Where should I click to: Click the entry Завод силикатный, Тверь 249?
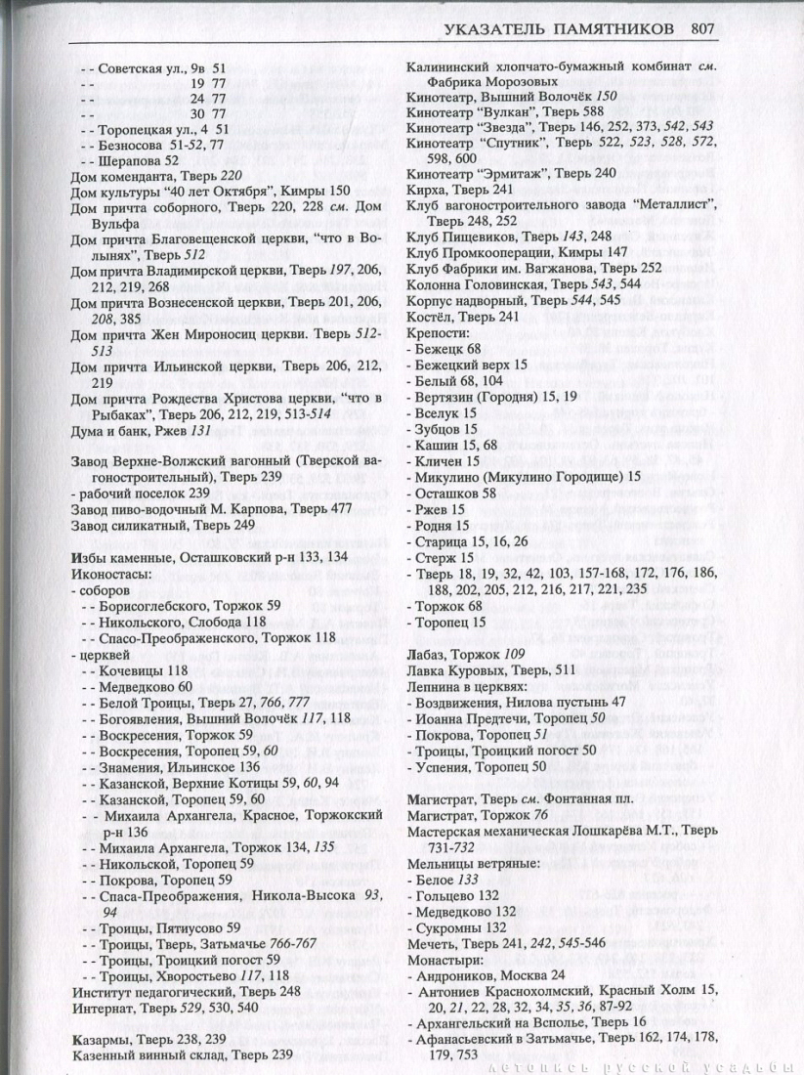(x=156, y=525)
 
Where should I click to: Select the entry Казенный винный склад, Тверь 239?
(x=182, y=1053)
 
